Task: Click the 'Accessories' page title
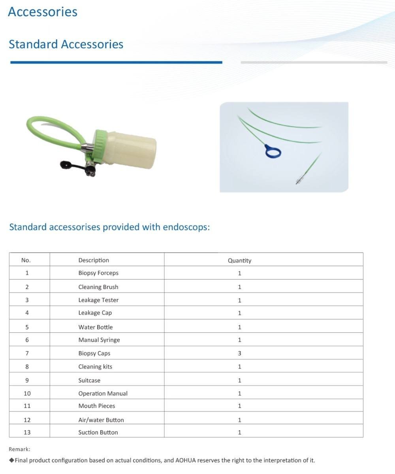coord(43,11)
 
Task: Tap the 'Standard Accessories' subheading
coord(66,44)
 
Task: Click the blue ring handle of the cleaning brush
coord(273,151)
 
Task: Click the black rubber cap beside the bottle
coord(66,164)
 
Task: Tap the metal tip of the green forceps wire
coord(298,180)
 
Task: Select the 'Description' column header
coord(94,260)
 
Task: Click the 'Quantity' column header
coord(239,261)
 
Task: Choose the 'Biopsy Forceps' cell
coord(98,273)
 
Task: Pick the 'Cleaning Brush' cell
coord(98,287)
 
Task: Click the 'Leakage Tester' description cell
coord(98,300)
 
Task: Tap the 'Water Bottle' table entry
coord(96,327)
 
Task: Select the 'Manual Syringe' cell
coord(99,340)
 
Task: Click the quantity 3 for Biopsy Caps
coord(239,353)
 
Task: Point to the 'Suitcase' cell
coord(89,380)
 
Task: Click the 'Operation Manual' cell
coord(103,394)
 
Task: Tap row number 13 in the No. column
coord(27,432)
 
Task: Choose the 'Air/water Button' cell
coord(101,420)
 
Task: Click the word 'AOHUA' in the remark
coord(186,461)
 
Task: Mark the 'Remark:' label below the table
coord(19,449)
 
